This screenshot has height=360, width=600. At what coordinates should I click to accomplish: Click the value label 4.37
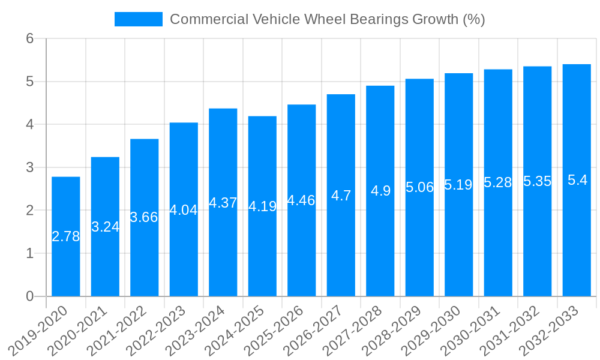[223, 203]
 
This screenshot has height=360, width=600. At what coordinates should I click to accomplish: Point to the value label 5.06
[419, 187]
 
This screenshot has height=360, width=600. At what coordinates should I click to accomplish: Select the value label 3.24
[105, 227]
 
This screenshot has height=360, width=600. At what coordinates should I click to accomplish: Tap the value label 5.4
[577, 180]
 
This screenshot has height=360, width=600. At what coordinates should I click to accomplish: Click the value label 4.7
[341, 195]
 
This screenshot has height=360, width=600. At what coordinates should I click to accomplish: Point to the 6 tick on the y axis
[31, 38]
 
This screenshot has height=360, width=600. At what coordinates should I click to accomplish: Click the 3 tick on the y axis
[31, 167]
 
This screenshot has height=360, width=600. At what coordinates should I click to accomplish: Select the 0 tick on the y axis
[31, 296]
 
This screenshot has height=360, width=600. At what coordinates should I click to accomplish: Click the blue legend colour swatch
[139, 19]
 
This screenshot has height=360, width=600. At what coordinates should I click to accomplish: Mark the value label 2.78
[66, 236]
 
